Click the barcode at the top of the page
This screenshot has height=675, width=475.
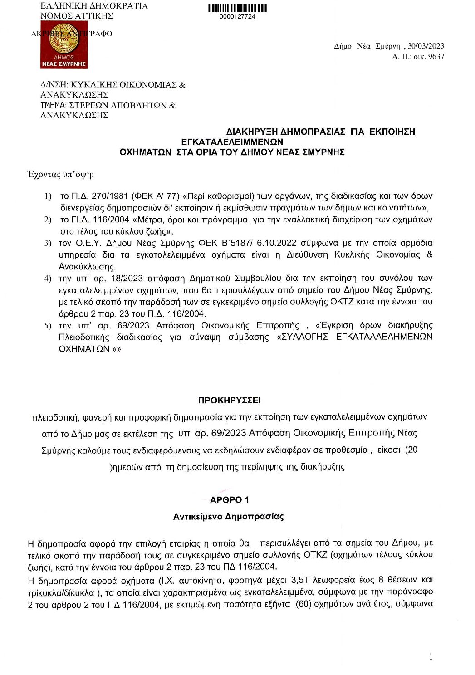tap(237, 8)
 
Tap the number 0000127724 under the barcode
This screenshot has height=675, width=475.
tap(237, 17)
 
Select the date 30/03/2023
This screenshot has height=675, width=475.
tap(426, 46)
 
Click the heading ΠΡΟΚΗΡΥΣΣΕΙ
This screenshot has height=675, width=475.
tap(230, 401)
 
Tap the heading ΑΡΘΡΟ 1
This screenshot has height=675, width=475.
tap(230, 500)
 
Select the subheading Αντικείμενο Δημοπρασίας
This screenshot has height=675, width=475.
tap(229, 517)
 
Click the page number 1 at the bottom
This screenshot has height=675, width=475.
tap(431, 657)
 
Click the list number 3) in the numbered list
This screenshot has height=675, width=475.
tap(48, 243)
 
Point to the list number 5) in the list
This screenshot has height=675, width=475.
tap(48, 326)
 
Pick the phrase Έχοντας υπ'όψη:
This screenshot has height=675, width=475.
tap(61, 175)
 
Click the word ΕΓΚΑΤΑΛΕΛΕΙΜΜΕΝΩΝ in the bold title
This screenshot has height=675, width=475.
tap(232, 142)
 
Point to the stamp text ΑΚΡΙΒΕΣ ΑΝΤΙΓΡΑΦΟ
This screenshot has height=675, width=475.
tap(72, 34)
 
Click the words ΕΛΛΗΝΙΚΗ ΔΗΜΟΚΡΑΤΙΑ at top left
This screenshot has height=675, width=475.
tap(94, 6)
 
